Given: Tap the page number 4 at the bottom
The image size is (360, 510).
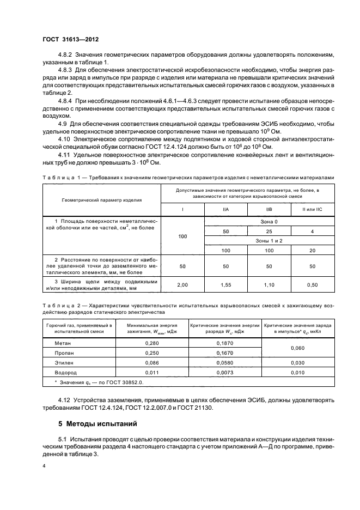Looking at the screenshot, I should click(44, 466).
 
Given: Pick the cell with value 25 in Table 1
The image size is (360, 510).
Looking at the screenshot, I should click(269, 232).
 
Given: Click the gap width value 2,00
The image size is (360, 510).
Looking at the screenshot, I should click(182, 284).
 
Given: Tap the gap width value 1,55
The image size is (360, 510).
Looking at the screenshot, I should click(225, 284).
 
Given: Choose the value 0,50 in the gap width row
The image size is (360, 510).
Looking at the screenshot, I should click(312, 284).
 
